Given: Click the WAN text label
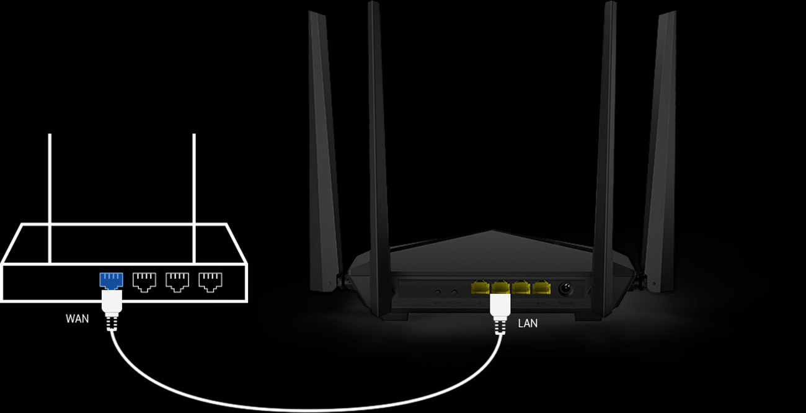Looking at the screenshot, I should click(77, 319).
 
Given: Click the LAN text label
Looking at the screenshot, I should click(527, 323).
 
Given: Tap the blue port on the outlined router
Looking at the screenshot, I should click(112, 280).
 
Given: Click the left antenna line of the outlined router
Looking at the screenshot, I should click(50, 198).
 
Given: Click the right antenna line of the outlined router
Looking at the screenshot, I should click(194, 198).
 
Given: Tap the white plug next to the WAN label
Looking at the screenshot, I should click(112, 304).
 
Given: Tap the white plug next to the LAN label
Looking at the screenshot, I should click(500, 308).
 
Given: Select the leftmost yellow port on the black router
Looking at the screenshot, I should click(480, 288).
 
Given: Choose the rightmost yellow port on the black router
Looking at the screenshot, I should click(541, 288).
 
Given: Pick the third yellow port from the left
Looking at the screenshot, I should click(521, 288).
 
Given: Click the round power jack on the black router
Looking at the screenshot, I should click(565, 289).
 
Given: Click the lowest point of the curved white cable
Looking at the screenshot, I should click(304, 410).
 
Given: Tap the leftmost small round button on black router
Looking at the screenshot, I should click(438, 291).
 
